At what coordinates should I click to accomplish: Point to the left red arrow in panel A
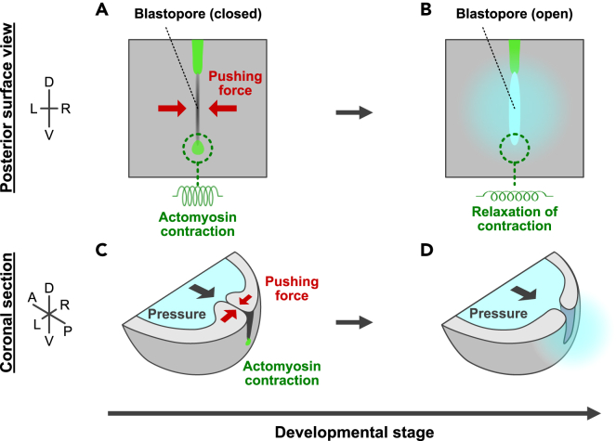pyautogui.click(x=172, y=110)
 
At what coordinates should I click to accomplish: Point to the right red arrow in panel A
pyautogui.click(x=224, y=110)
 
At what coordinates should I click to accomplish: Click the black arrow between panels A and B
pyautogui.click(x=352, y=111)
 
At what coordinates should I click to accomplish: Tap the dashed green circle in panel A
pyautogui.click(x=197, y=147)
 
